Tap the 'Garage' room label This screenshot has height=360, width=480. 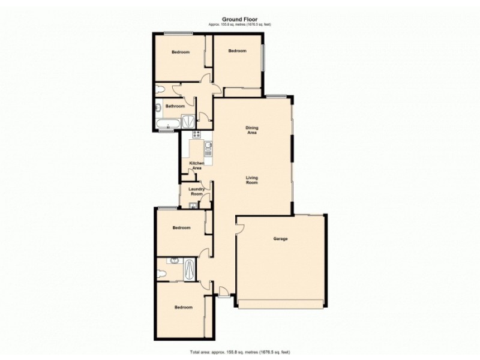[x=280, y=239]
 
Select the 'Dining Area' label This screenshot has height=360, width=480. [x=252, y=130]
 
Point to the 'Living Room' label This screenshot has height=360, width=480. [x=251, y=179]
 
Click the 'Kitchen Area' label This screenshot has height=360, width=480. [x=196, y=166]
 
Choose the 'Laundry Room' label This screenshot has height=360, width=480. [x=197, y=191]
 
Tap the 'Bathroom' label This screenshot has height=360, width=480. [x=175, y=106]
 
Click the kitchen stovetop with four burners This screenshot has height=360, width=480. [x=196, y=133]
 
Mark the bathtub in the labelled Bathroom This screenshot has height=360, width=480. [x=166, y=124]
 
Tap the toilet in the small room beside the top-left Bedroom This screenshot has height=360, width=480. [x=159, y=90]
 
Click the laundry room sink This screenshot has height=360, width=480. [x=193, y=206]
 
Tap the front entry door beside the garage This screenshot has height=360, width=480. [x=223, y=292]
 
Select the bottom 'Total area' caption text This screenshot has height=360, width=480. [x=239, y=352]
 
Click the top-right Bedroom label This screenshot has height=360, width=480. [x=238, y=51]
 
